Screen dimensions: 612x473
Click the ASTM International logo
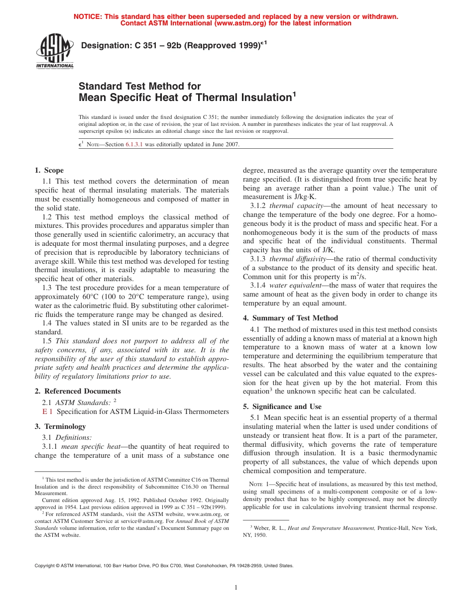pyautogui.click(x=54, y=52)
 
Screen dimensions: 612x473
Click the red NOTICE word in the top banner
pyautogui.click(x=87, y=16)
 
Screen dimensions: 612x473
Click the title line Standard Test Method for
pyautogui.click(x=139, y=86)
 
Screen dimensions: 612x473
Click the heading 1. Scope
pyautogui.click(x=49, y=171)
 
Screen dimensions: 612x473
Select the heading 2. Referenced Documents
pyautogui.click(x=78, y=391)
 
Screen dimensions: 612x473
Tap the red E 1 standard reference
pyautogui.click(x=47, y=411)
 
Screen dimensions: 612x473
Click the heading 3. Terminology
pyautogui.click(x=60, y=426)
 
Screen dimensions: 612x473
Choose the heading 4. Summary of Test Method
pyautogui.click(x=290, y=318)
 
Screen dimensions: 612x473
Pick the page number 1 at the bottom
pyautogui.click(x=236, y=588)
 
